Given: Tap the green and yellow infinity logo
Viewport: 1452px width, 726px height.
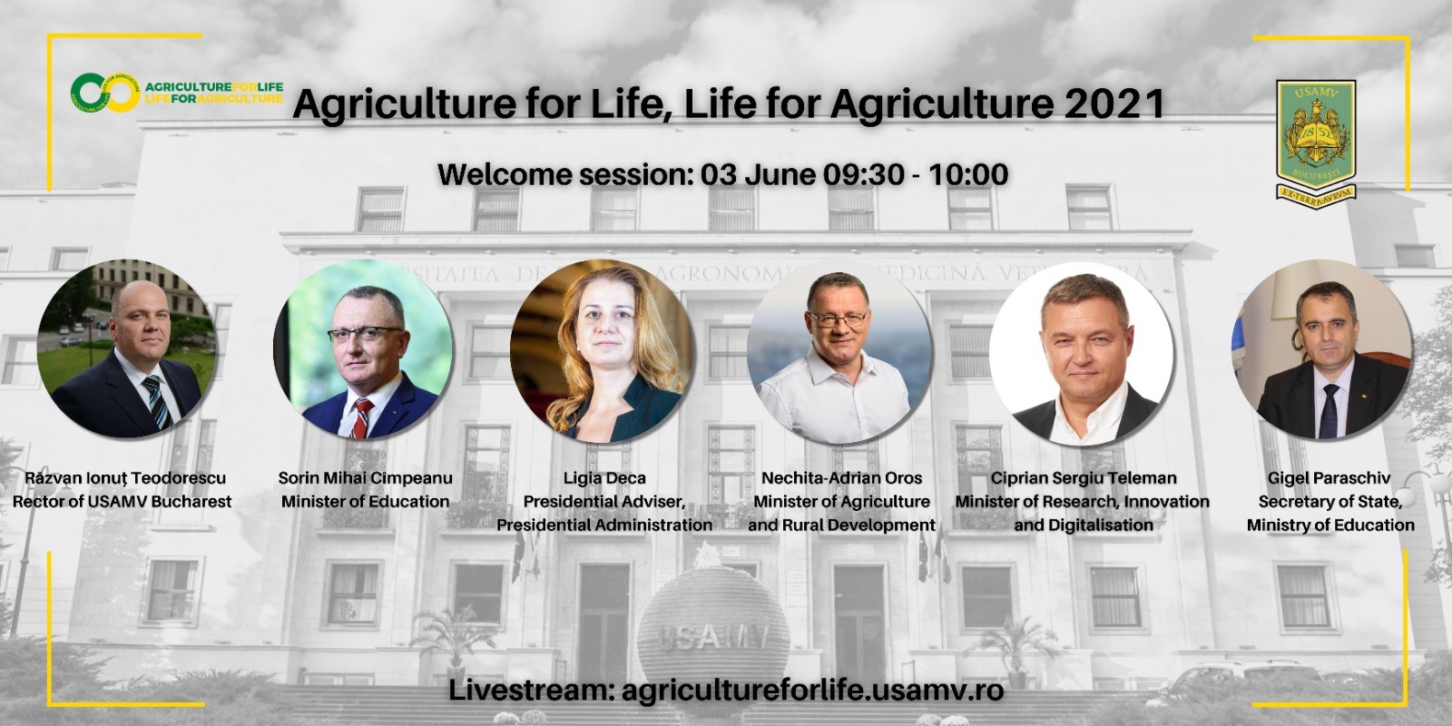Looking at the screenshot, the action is pyautogui.click(x=105, y=93).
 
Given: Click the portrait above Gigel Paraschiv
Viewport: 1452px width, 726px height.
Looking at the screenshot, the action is pyautogui.click(x=1322, y=349).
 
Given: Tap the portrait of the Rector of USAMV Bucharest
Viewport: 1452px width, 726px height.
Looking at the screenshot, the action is pyautogui.click(x=126, y=348).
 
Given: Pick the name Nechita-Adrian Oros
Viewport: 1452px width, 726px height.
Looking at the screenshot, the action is pyautogui.click(x=841, y=478).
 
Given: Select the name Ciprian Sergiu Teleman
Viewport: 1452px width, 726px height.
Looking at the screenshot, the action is pyautogui.click(x=1084, y=478).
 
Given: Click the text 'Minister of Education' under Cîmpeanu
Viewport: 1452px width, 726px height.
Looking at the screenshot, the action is pyautogui.click(x=365, y=502).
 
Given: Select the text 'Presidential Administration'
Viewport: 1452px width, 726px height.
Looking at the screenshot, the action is pyautogui.click(x=604, y=525).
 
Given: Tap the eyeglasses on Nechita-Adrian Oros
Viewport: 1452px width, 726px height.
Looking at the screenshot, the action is pyautogui.click(x=838, y=319).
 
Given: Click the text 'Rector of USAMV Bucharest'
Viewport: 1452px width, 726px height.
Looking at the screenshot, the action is pyautogui.click(x=122, y=502).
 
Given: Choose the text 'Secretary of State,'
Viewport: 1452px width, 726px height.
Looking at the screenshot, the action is pyautogui.click(x=1330, y=502).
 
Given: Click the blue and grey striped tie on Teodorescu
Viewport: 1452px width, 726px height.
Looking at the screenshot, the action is pyautogui.click(x=156, y=402).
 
